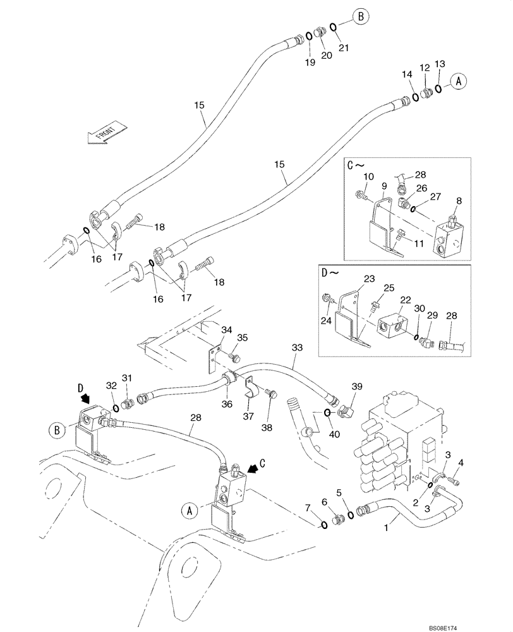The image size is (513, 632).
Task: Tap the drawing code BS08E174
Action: (x=481, y=624)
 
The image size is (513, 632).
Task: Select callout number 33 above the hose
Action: (x=297, y=347)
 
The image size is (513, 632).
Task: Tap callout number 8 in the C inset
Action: (x=458, y=200)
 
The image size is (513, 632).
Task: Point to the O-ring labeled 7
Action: (x=323, y=523)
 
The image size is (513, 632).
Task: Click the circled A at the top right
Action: (x=459, y=80)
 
